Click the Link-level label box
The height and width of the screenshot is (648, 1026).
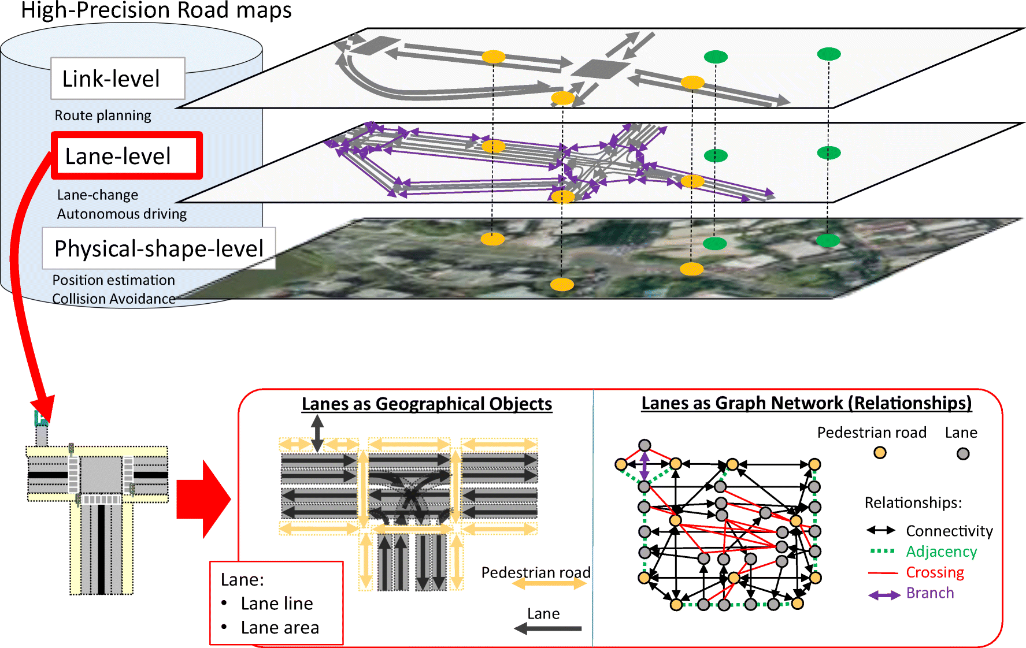117,79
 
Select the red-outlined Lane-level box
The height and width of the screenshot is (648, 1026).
127,156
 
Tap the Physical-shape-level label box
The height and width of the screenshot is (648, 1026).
158,248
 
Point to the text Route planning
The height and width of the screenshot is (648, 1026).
103,116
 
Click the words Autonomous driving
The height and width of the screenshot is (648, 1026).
122,214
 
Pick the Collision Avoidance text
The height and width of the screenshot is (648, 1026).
114,299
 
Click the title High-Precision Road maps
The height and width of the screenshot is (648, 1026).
156,10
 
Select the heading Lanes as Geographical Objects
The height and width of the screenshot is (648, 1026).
427,404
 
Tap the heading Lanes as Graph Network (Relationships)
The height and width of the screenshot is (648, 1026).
806,403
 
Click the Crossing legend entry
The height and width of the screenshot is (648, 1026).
935,572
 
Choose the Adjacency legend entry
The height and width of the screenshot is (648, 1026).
941,552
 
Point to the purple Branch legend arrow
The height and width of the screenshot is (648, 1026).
884,595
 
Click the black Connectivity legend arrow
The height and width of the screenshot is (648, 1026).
881,530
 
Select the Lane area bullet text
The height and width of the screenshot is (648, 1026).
280,628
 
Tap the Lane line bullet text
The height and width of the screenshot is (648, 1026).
277,604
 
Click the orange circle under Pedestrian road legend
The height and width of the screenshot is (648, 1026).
880,453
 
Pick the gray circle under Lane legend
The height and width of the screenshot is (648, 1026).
963,454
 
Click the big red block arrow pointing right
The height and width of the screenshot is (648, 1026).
203,499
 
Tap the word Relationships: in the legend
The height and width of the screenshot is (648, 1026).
913,502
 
